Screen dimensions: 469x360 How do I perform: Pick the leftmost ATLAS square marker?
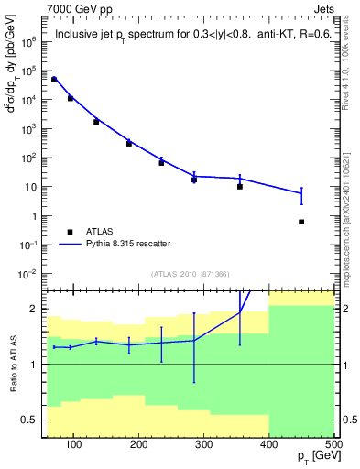coord(54,80)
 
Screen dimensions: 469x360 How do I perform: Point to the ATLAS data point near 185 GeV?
coord(129,143)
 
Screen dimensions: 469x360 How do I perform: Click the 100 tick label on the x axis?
coord(74,443)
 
